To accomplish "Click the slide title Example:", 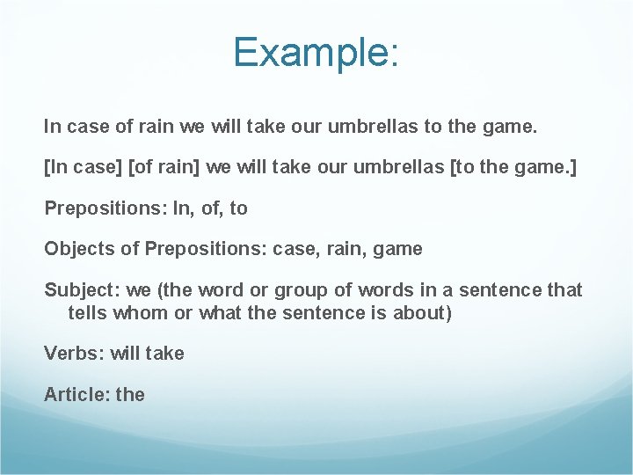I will coord(316,53).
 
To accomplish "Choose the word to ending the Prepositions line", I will coord(238,208).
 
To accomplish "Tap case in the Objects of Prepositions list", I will coord(292,249).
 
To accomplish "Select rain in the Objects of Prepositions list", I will coord(341,249).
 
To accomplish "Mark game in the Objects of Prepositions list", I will coord(397,249).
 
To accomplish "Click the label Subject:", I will coord(77,290).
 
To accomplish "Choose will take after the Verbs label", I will coord(147,354).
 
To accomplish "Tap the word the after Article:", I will coord(130,395).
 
